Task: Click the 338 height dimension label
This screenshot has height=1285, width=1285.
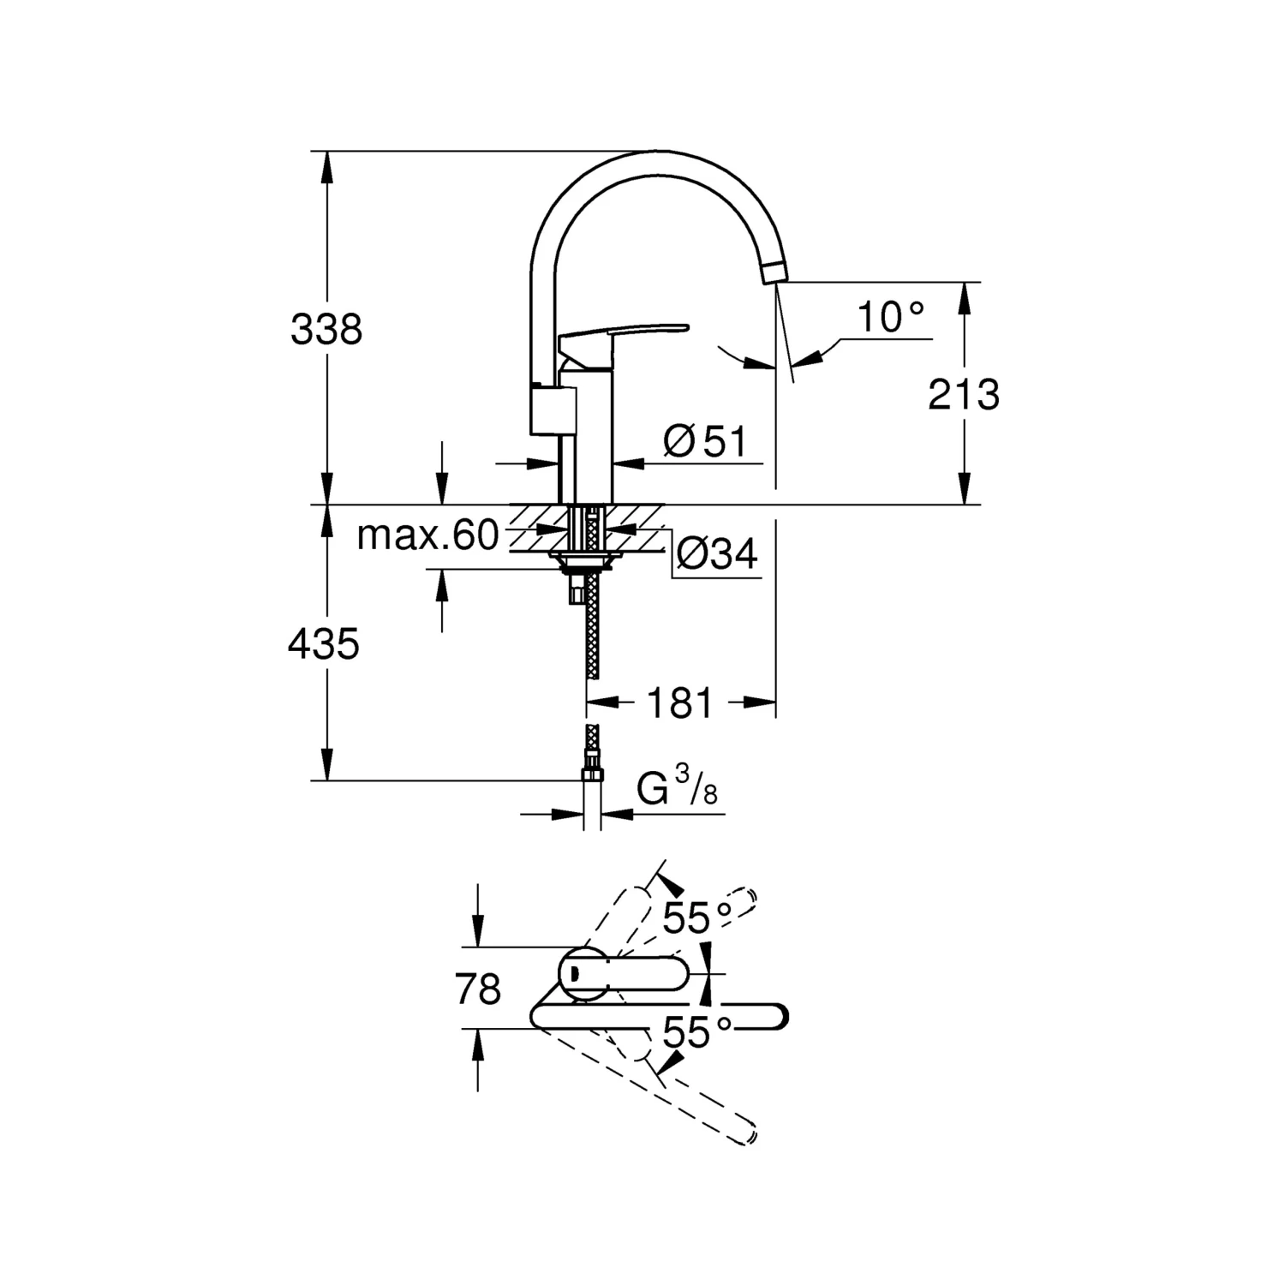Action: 326,329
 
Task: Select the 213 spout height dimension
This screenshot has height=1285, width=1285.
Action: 964,395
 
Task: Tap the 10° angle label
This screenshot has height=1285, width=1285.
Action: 892,318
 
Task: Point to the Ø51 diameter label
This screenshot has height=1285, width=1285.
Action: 706,442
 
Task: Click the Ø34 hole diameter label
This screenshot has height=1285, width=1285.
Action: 717,554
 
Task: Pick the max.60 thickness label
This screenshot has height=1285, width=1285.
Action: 427,535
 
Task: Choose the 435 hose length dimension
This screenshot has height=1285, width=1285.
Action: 324,643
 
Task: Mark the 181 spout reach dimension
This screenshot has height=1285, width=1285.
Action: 679,703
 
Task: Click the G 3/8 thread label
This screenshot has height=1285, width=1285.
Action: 677,786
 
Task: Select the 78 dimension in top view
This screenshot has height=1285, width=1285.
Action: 478,989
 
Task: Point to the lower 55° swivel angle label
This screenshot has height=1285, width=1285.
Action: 697,1032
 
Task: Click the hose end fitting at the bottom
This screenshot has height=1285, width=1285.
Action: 591,775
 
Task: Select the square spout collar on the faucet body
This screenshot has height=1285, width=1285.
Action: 553,409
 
